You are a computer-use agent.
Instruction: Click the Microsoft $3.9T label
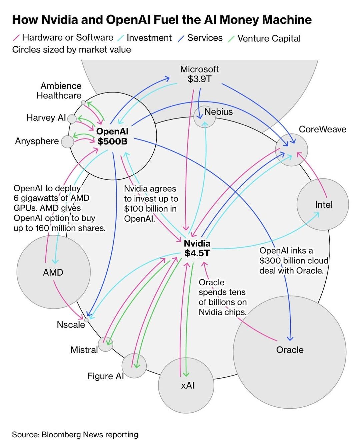(x=199, y=74)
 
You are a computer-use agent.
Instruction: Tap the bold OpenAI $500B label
(x=112, y=136)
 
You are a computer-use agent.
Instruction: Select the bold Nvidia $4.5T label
(x=197, y=248)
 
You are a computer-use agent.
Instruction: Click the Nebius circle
(x=204, y=117)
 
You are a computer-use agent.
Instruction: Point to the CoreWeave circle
(x=291, y=150)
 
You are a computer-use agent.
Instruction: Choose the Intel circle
(x=323, y=204)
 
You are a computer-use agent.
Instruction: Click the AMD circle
(x=53, y=272)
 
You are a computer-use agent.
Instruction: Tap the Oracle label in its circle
(x=290, y=350)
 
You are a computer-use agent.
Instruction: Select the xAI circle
(x=186, y=385)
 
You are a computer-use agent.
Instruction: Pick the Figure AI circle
(x=134, y=366)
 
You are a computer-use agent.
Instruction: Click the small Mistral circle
(x=105, y=344)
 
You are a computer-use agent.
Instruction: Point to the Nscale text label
(x=71, y=324)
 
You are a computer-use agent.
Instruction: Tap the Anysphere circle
(x=67, y=142)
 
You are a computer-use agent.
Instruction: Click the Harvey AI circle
(x=72, y=118)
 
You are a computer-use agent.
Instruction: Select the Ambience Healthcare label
(x=59, y=91)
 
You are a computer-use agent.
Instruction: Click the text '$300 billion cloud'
(x=294, y=260)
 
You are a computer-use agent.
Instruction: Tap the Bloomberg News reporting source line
(x=75, y=435)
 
